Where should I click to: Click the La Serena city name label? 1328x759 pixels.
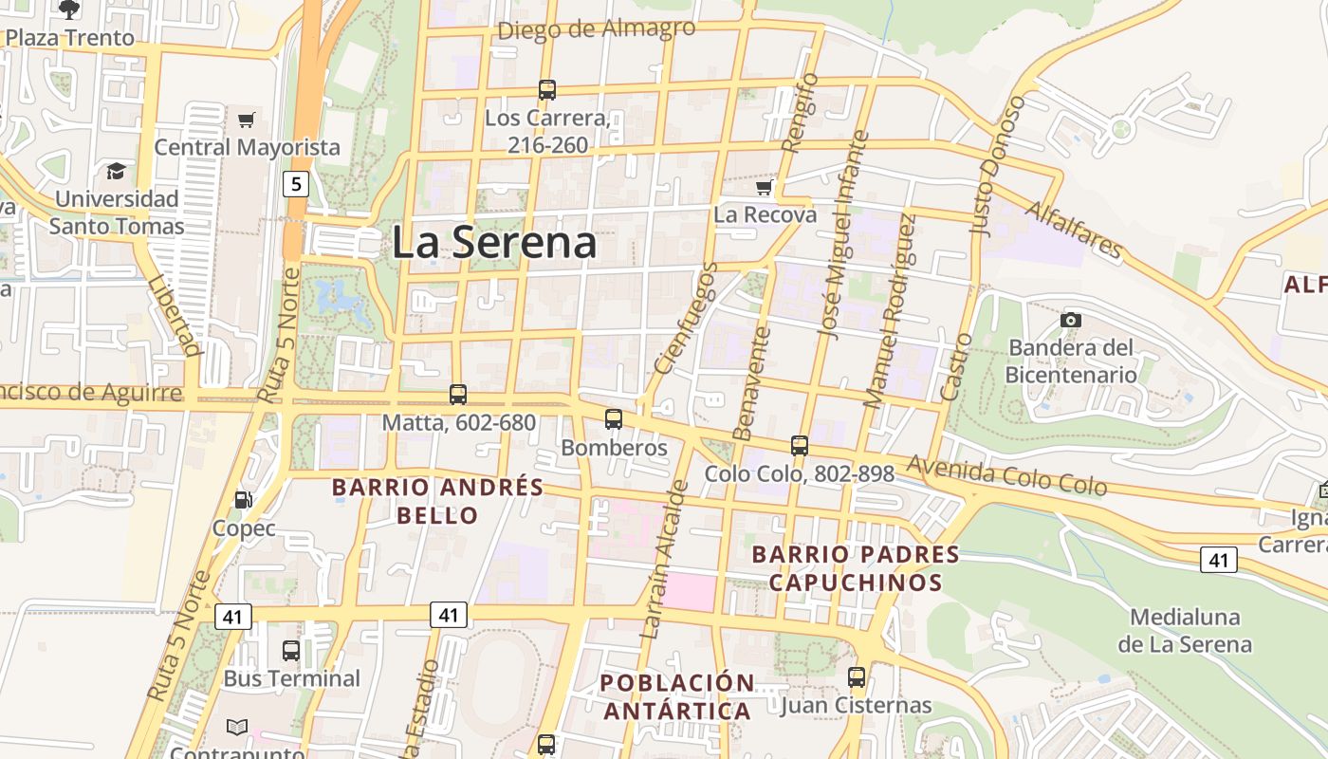494,242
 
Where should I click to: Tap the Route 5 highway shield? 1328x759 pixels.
296,183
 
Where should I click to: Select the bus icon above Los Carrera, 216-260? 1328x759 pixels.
547,90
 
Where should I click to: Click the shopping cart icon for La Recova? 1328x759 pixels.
765,188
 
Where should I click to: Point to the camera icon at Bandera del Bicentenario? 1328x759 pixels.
1071,320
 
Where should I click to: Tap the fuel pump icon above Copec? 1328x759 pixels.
244,500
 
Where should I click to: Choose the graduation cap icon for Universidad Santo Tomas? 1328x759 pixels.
116,171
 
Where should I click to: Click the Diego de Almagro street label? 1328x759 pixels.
596,29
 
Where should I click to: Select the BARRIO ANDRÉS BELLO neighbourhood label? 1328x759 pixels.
437,501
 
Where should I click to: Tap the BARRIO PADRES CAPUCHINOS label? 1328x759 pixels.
856,567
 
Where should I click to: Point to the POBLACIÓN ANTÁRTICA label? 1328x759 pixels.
677,696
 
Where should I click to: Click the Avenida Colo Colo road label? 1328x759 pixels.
1006,476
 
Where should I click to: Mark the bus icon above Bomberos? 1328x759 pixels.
614,418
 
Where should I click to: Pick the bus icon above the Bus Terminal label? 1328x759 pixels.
291,651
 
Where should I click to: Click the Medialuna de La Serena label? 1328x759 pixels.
1184,630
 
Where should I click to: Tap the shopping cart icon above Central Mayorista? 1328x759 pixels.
247,120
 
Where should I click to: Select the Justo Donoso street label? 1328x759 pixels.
997,165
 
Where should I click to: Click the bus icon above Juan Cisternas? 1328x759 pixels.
857,677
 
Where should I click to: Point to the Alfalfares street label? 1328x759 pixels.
1075,230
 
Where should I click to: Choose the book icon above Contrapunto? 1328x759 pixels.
236,728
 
